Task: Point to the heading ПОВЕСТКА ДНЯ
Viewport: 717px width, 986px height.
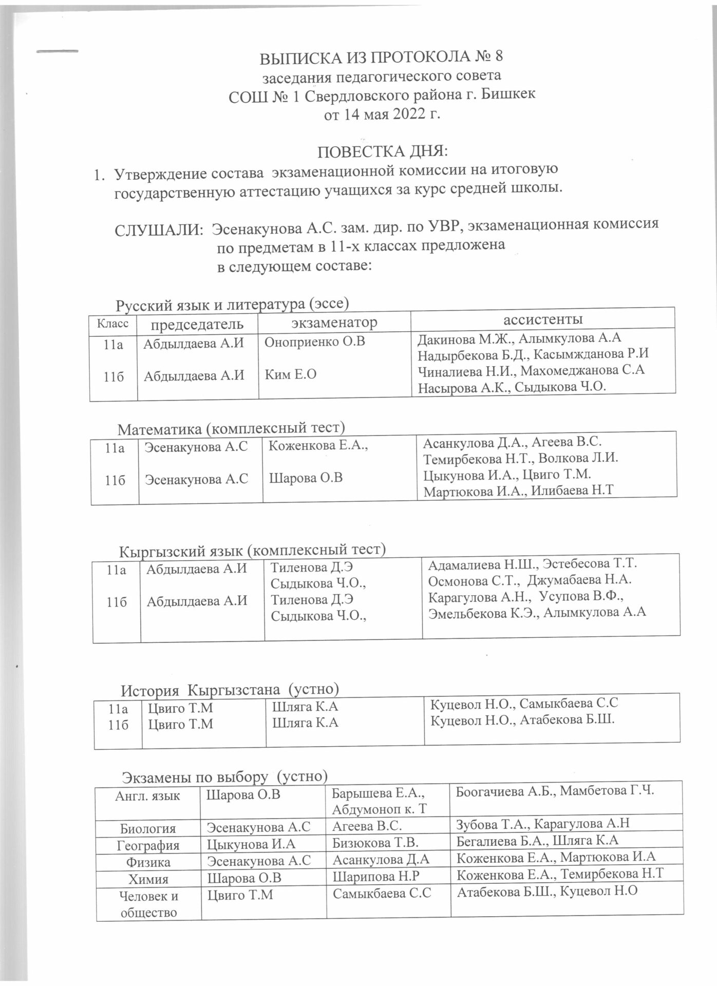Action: (383, 152)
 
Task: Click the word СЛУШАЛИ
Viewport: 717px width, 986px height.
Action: (159, 229)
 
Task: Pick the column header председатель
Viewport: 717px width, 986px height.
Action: (197, 324)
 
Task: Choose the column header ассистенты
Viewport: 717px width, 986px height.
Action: (543, 319)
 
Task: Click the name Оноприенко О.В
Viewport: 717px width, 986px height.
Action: (315, 342)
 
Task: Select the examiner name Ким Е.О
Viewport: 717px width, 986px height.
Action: (290, 374)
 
